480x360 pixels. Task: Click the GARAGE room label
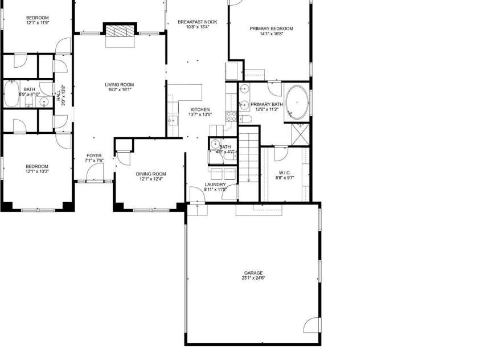pos(253,273)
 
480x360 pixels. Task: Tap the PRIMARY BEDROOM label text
pos(271,28)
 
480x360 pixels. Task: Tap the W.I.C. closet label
pos(285,173)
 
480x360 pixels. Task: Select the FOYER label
pos(94,156)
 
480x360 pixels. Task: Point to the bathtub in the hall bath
pos(11,94)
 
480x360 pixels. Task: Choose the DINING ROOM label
pos(150,174)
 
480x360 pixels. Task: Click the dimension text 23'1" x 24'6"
pos(253,278)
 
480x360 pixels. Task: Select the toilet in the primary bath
pos(249,118)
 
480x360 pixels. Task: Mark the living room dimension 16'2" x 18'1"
pos(119,90)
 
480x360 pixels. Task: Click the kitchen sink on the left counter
pos(171,121)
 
